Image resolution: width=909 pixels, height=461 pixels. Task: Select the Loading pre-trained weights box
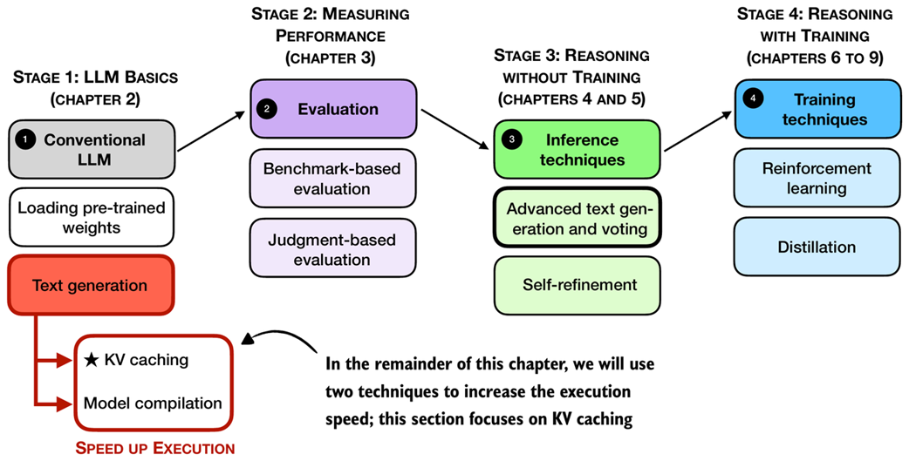point(92,219)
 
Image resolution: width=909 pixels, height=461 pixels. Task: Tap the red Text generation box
point(92,285)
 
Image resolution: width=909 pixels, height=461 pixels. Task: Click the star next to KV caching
point(92,360)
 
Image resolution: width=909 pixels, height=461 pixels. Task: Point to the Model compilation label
point(153,403)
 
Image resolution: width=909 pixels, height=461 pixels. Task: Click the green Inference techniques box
point(577,149)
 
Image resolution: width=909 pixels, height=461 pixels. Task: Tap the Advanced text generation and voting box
point(577,218)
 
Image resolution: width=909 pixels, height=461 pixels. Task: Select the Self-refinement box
point(577,285)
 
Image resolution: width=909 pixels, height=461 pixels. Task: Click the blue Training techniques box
point(817,109)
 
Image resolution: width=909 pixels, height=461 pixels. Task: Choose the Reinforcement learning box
point(817,179)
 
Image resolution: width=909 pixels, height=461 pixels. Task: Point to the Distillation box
point(817,247)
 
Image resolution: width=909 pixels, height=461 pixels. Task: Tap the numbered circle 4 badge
point(752,99)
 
